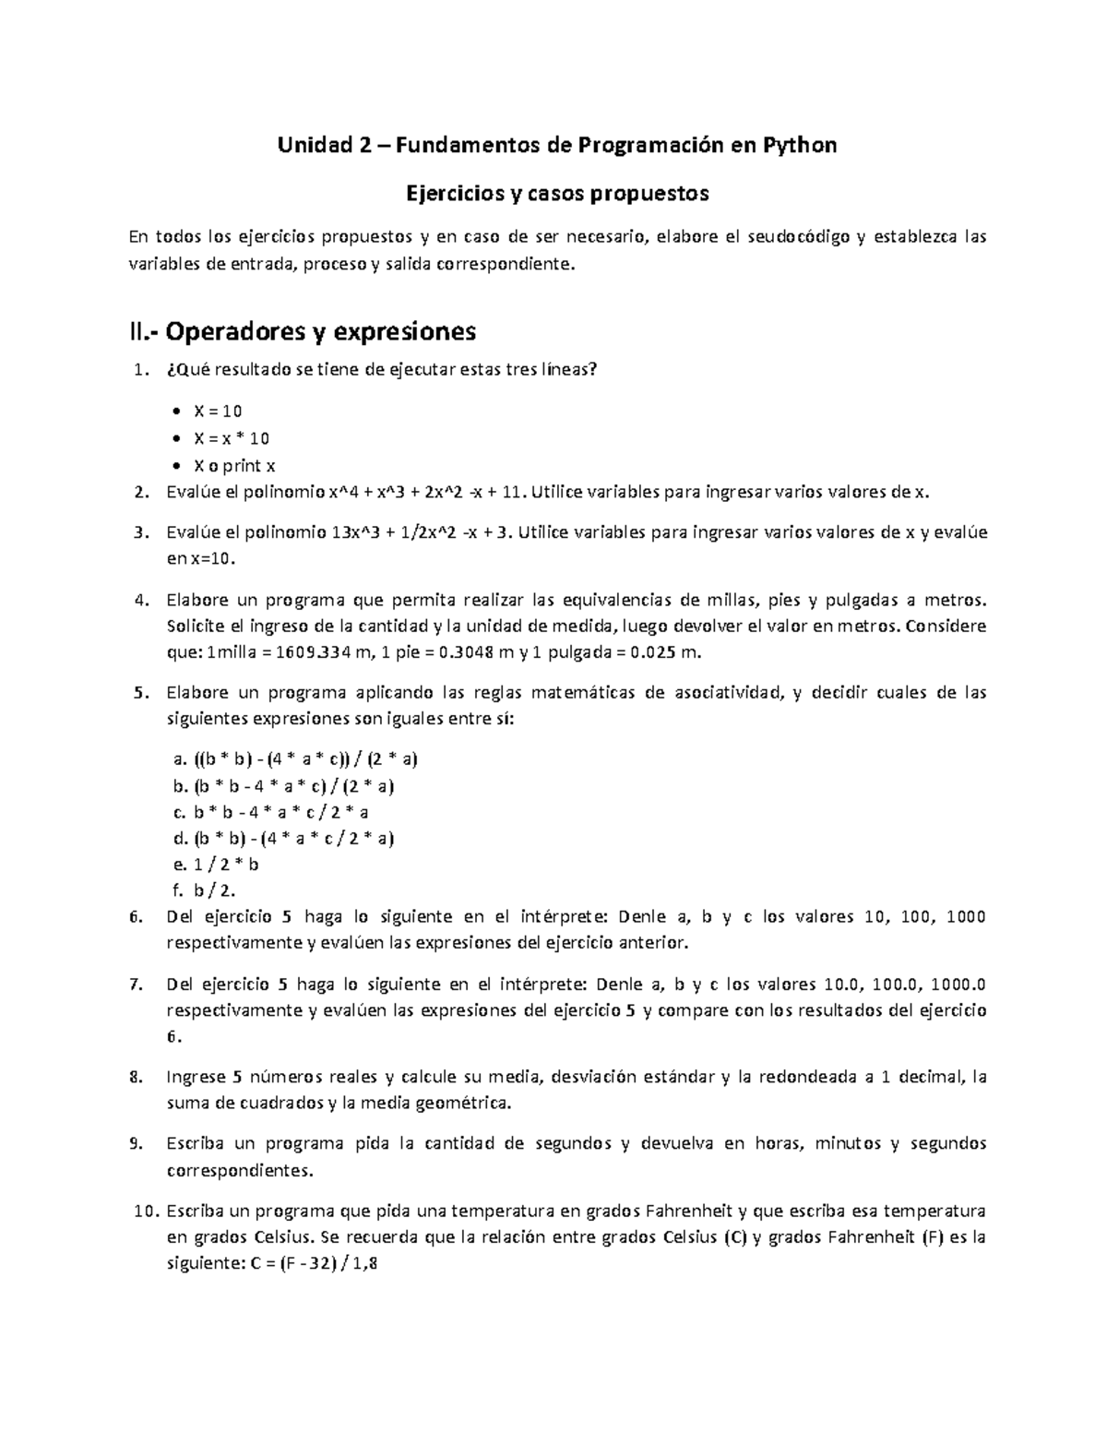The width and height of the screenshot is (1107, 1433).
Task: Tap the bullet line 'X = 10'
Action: tap(218, 412)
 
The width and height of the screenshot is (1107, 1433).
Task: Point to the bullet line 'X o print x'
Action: tap(234, 465)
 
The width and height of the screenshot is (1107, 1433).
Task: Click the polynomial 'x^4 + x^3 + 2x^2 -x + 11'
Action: tap(420, 492)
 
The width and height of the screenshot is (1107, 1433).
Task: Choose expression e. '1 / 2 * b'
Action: tap(226, 865)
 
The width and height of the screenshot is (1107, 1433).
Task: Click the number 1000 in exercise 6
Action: tap(966, 916)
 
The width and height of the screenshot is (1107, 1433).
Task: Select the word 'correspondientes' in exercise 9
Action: tap(239, 1171)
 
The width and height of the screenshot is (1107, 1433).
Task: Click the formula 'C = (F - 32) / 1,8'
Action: tap(314, 1266)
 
